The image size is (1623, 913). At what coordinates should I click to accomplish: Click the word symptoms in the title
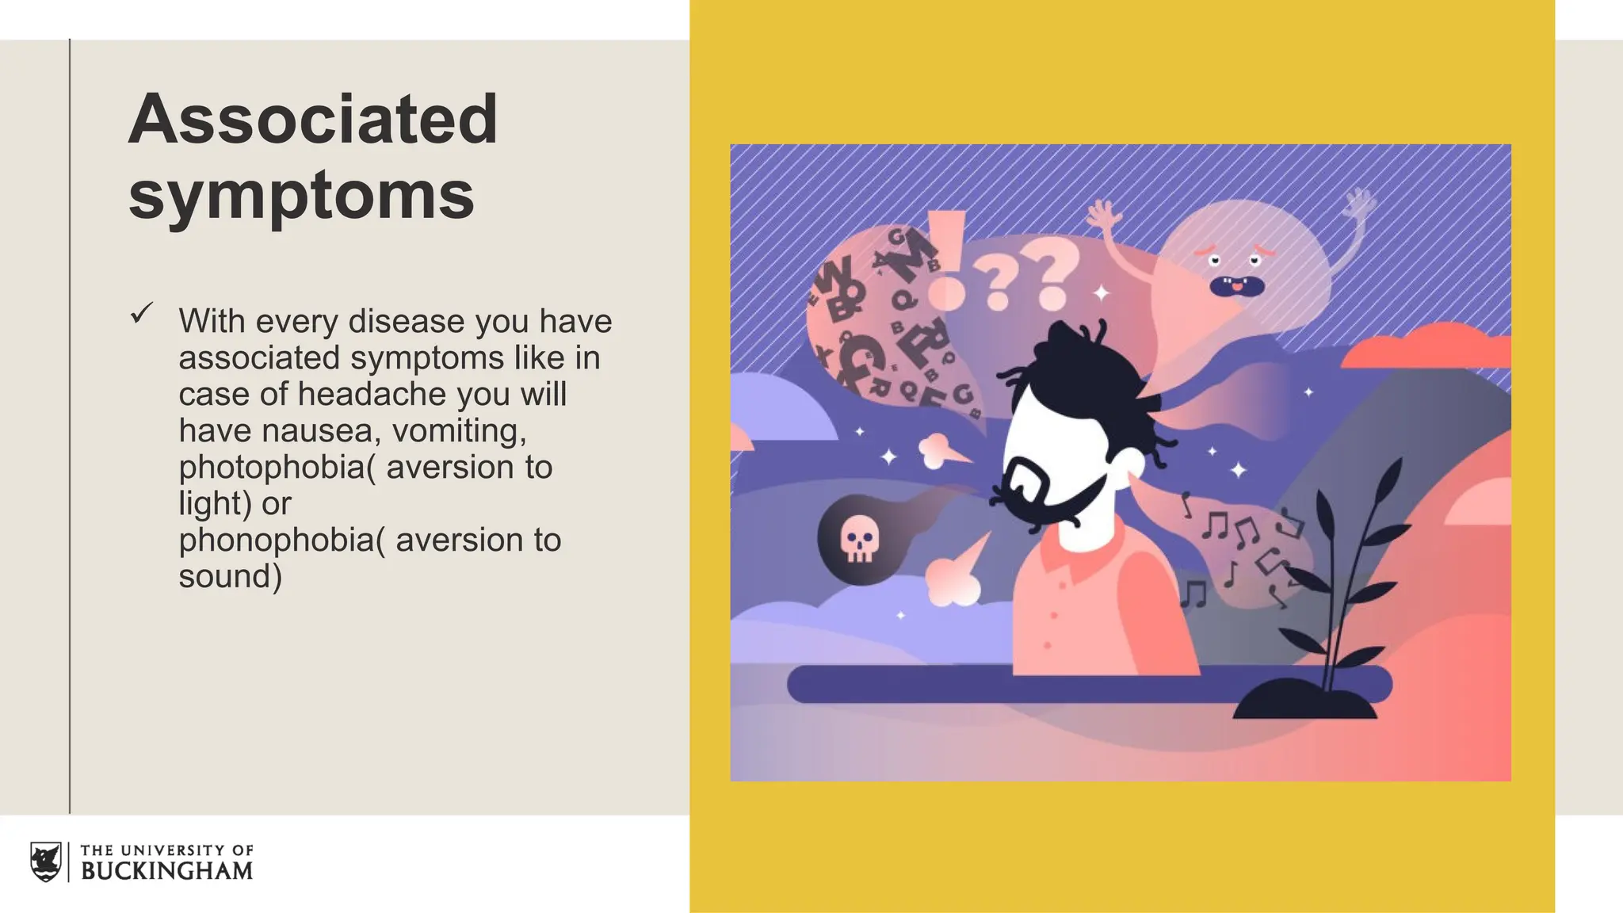point(301,195)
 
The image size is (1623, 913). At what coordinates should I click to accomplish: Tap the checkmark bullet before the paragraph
point(141,314)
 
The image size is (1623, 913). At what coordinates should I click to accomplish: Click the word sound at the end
point(225,576)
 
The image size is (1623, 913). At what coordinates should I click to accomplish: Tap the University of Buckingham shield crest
point(46,861)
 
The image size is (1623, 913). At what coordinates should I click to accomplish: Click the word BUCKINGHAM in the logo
point(166,871)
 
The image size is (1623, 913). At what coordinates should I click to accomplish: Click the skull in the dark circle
point(859,540)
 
